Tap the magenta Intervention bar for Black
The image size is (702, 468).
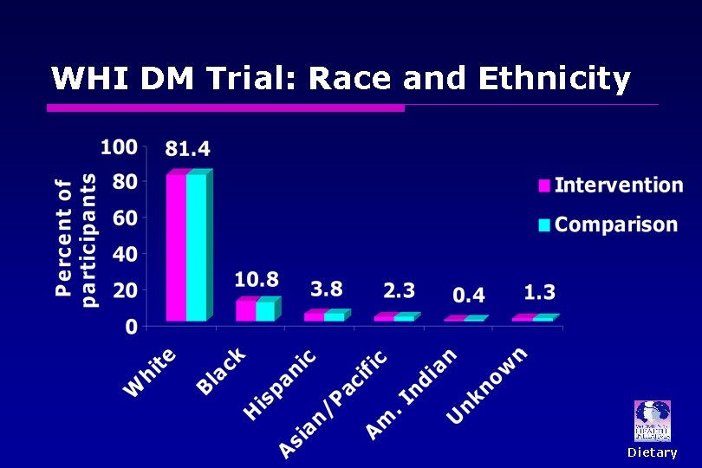(x=245, y=310)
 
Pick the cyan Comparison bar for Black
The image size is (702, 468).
(x=265, y=310)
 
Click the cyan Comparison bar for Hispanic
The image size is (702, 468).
(x=335, y=316)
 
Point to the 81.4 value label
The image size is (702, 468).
(x=187, y=150)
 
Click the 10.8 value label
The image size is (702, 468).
(x=257, y=279)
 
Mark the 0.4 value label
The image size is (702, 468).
(x=468, y=295)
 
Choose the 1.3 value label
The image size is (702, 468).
(x=539, y=292)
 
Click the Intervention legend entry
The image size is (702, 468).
(x=611, y=185)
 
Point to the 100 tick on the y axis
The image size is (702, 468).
(x=119, y=146)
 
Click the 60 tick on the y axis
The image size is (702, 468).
(x=124, y=218)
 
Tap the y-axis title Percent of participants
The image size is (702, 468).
(x=75, y=238)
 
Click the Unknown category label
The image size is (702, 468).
(x=487, y=385)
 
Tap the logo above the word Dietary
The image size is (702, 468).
(x=653, y=421)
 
